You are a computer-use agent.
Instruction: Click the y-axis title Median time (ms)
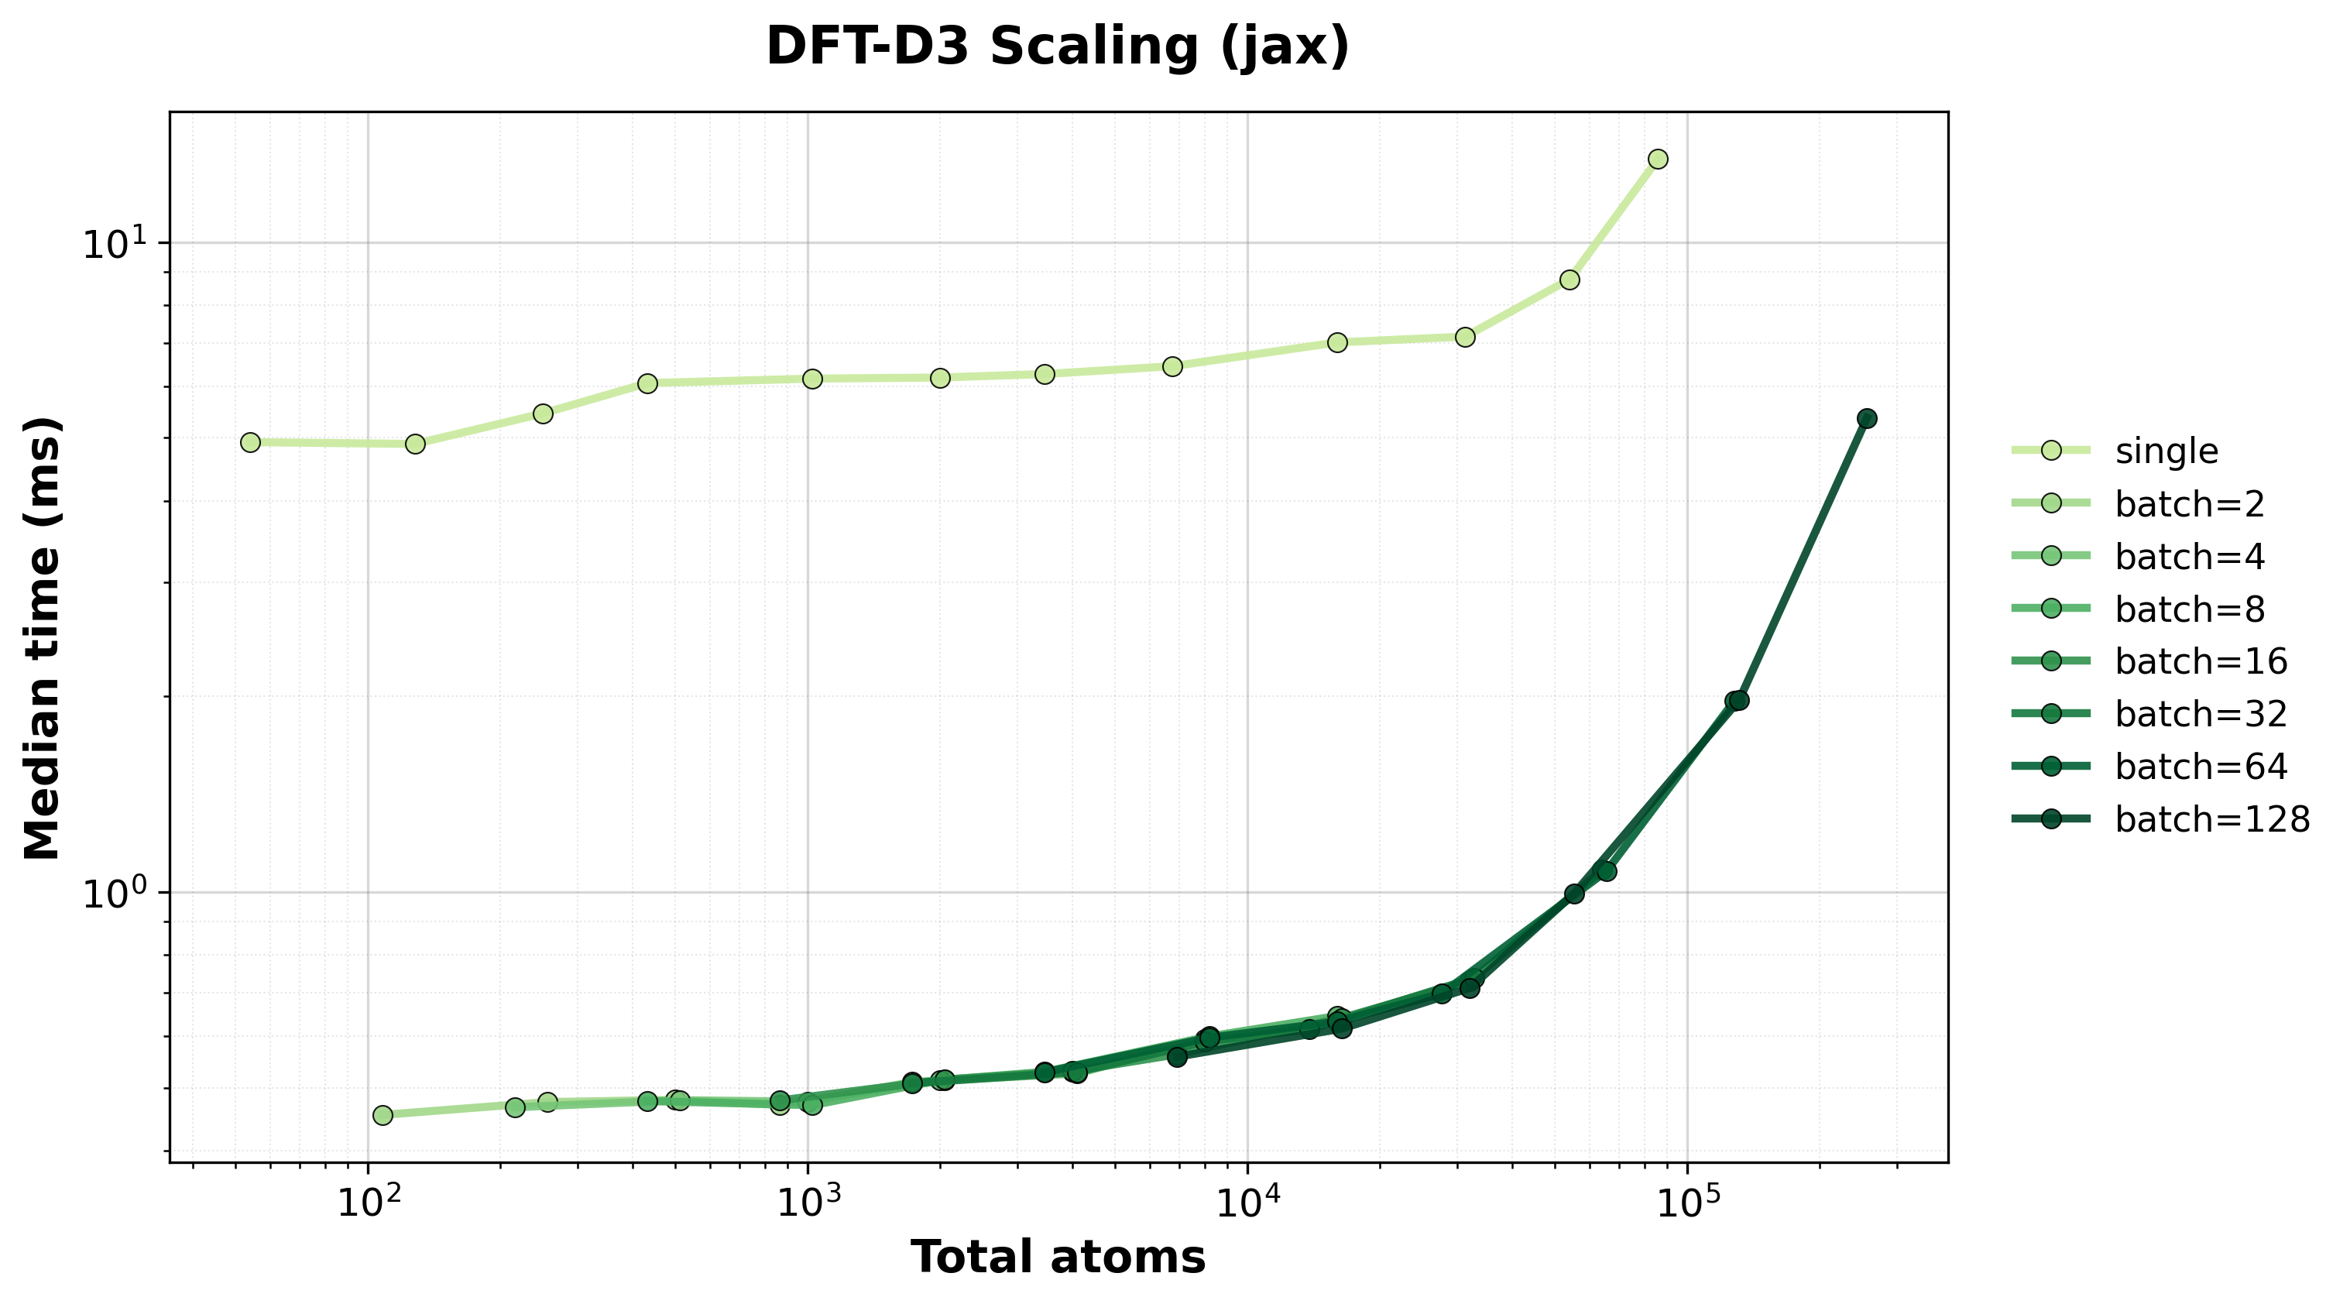click(x=43, y=638)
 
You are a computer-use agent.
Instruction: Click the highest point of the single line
click(x=1659, y=159)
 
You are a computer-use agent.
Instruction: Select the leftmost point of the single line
click(x=250, y=441)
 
